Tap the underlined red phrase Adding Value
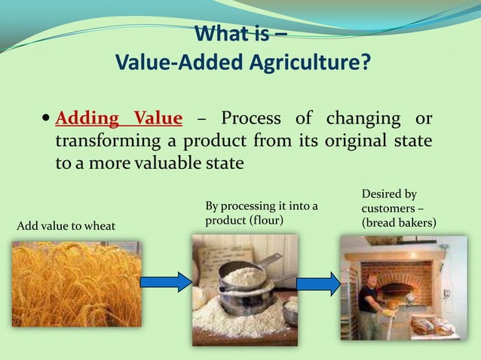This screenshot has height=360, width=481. (118, 118)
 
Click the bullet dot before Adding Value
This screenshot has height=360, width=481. (46, 117)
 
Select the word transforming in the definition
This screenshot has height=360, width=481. (108, 142)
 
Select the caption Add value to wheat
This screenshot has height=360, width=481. (66, 226)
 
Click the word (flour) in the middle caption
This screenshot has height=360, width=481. (265, 220)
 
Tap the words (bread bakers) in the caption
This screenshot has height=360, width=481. (399, 223)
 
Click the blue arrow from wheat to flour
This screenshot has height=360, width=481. (167, 282)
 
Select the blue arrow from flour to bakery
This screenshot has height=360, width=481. (319, 284)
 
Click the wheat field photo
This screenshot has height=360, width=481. (77, 284)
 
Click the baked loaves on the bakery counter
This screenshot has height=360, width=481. (432, 327)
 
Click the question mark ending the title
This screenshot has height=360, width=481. (365, 61)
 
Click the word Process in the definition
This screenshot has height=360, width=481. (251, 118)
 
